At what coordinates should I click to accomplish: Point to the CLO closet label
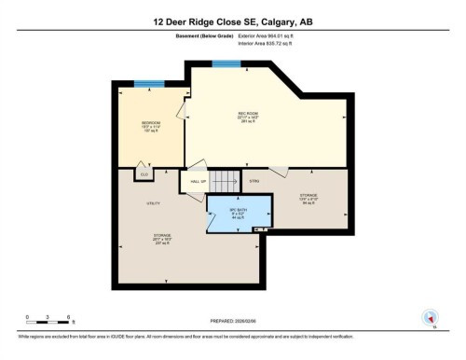[144, 174]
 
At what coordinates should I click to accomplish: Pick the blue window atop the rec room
[225, 63]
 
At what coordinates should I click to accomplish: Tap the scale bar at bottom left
[50, 323]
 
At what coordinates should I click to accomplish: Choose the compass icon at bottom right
[431, 316]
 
